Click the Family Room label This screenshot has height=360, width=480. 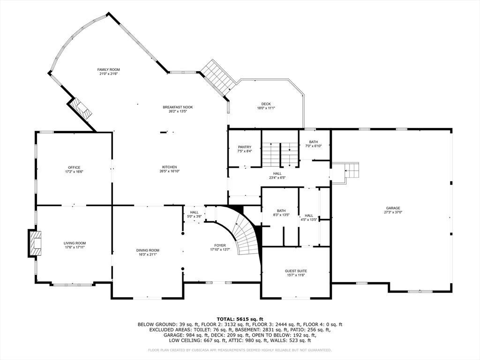pyautogui.click(x=109, y=70)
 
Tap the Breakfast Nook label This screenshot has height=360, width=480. pyautogui.click(x=178, y=107)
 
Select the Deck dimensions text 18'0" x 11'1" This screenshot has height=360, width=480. pyautogui.click(x=266, y=108)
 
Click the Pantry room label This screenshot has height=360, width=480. pyautogui.click(x=245, y=147)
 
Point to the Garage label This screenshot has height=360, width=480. pyautogui.click(x=392, y=208)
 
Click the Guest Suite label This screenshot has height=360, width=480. pyautogui.click(x=296, y=271)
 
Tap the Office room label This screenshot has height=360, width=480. pyautogui.click(x=74, y=167)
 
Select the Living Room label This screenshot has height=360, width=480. pyautogui.click(x=75, y=243)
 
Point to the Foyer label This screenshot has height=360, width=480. pyautogui.click(x=220, y=246)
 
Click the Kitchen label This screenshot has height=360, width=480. pyautogui.click(x=170, y=167)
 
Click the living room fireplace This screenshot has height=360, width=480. pyautogui.click(x=35, y=243)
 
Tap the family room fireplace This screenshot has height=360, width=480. pyautogui.click(x=80, y=108)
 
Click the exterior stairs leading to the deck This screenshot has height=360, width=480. pyautogui.click(x=217, y=77)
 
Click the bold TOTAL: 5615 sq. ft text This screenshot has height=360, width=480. pyautogui.click(x=240, y=319)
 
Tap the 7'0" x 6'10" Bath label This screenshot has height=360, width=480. pyautogui.click(x=313, y=144)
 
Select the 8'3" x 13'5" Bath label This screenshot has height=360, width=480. pyautogui.click(x=281, y=213)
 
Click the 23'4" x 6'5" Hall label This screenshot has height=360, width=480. pyautogui.click(x=277, y=175)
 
